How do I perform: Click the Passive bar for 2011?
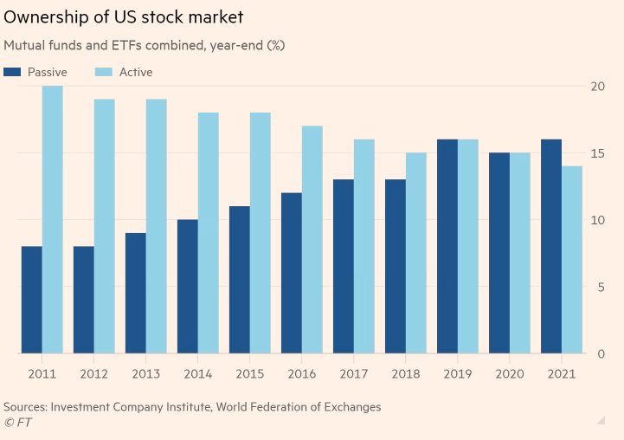(x=31, y=300)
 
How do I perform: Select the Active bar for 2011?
(x=53, y=220)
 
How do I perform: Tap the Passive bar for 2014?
(x=187, y=287)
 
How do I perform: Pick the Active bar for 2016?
(x=312, y=240)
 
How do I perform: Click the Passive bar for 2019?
(x=447, y=247)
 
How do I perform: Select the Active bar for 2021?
(x=572, y=260)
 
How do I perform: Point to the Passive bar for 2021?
(x=550, y=247)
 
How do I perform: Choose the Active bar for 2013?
(x=157, y=227)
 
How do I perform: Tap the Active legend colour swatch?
(x=102, y=72)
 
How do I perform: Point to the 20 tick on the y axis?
(x=597, y=86)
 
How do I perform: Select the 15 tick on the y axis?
(x=597, y=153)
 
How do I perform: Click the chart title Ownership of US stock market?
(x=124, y=16)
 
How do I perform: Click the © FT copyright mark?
(x=20, y=422)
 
